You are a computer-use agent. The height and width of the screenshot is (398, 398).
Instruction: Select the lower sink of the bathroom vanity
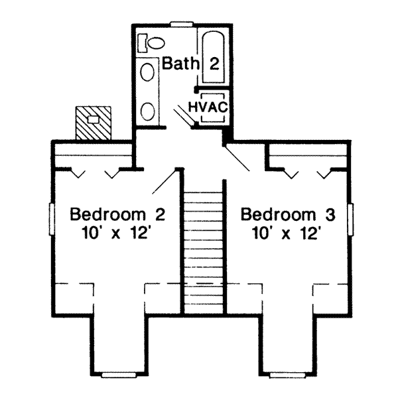coord(148,110)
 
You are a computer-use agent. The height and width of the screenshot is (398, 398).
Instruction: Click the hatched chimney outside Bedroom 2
coord(93,122)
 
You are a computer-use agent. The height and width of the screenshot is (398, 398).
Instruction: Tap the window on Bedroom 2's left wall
coord(51,220)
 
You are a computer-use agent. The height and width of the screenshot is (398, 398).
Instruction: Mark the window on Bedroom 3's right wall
coord(351,220)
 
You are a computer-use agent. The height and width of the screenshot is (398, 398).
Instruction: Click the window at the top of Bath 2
coord(180,25)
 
